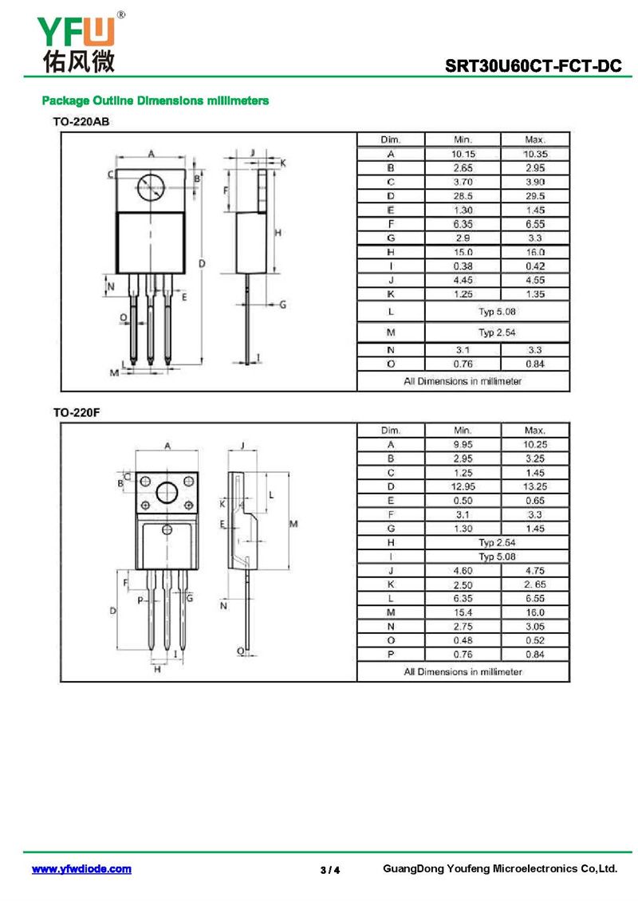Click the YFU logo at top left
pos(77,41)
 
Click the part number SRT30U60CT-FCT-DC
pos(534,67)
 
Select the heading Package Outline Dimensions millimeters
pos(155,101)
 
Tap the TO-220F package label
pos(77,412)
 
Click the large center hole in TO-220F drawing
pos(167,493)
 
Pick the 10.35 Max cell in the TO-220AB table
pos(534,154)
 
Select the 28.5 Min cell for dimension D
pos(463,196)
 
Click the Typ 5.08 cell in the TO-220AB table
pos(497,311)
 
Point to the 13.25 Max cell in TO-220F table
pos(534,486)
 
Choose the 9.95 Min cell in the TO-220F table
pos(463,444)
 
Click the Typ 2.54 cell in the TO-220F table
pos(497,542)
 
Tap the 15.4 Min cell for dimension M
pos(463,612)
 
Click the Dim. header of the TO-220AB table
pos(390,140)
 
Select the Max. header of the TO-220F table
pos(534,430)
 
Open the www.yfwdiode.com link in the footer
pos(81,869)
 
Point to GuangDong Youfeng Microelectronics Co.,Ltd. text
pos(500,868)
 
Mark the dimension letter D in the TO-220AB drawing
pos(203,262)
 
